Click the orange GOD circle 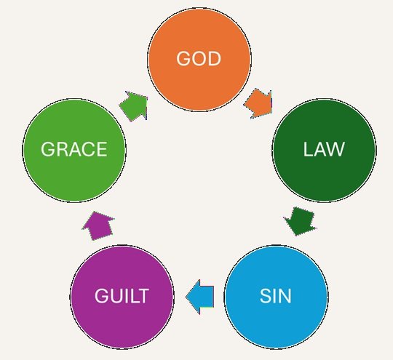pyautogui.click(x=199, y=59)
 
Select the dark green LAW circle pyautogui.click(x=324, y=150)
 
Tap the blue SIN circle pyautogui.click(x=277, y=297)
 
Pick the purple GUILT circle pyautogui.click(x=122, y=297)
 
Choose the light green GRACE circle pyautogui.click(x=74, y=150)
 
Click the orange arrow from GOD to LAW pyautogui.click(x=259, y=103)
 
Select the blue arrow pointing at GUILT pyautogui.click(x=200, y=297)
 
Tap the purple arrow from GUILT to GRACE pyautogui.click(x=98, y=226)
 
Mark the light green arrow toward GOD pyautogui.click(x=134, y=106)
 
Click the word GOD pyautogui.click(x=199, y=59)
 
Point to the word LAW pyautogui.click(x=324, y=149)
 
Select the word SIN pyautogui.click(x=275, y=296)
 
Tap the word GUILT pyautogui.click(x=122, y=296)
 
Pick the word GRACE pyautogui.click(x=74, y=149)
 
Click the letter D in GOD pyautogui.click(x=215, y=59)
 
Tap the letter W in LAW pyautogui.click(x=336, y=149)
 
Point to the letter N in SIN pyautogui.click(x=285, y=296)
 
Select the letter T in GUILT pyautogui.click(x=143, y=296)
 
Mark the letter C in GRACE pyautogui.click(x=88, y=149)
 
